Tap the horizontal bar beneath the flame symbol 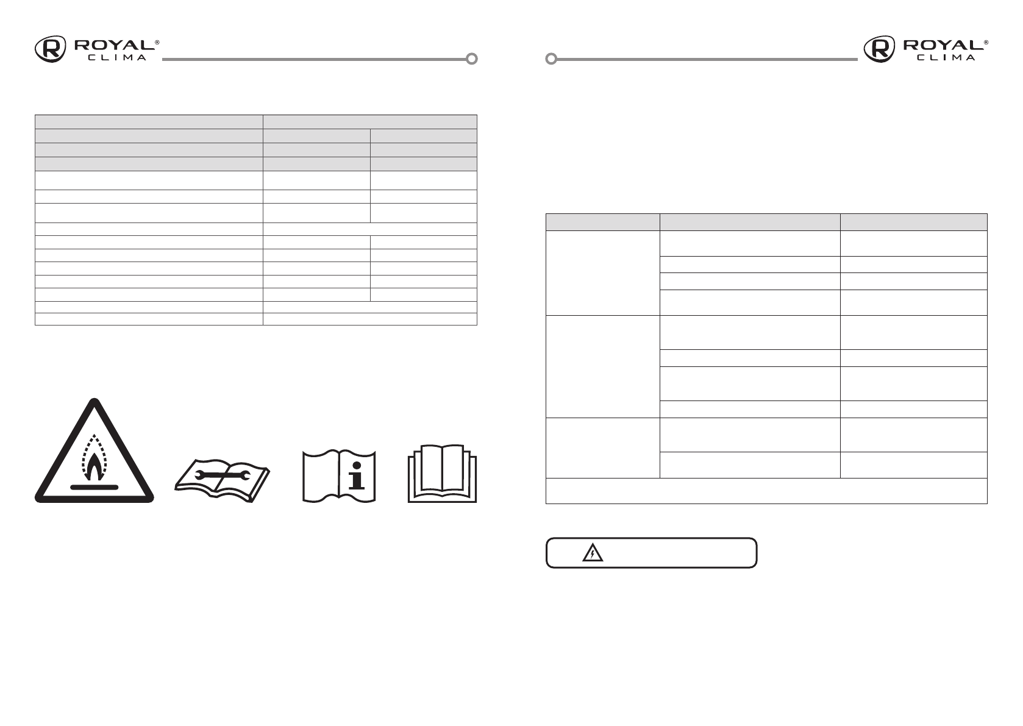tap(94, 487)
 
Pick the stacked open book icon tap(442, 476)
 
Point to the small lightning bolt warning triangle tap(592, 553)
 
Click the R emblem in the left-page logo tap(51, 49)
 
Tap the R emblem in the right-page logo tap(879, 49)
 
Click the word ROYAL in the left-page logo tap(113, 45)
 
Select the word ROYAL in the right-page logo tap(942, 45)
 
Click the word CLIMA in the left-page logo tap(117, 58)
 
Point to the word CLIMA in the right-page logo tap(946, 58)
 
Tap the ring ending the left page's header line tap(471, 59)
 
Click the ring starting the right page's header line tap(551, 59)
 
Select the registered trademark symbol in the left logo tap(157, 42)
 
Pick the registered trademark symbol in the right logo tap(986, 42)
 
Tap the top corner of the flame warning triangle tap(94, 402)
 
